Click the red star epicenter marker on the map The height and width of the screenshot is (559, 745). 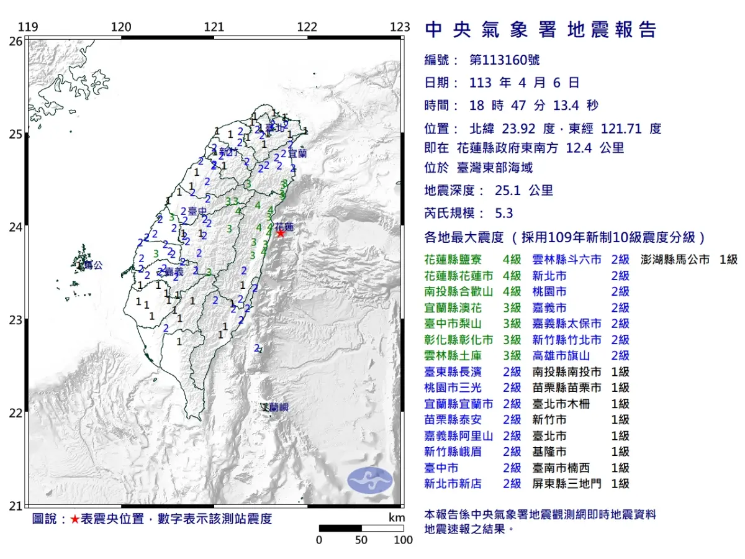pos(281,233)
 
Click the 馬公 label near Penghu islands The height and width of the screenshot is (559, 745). pos(93,265)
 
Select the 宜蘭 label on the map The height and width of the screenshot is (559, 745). pos(297,152)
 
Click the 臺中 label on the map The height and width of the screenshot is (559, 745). pos(197,212)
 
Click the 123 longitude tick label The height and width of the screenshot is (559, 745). pos(400,27)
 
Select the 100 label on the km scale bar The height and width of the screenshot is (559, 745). pos(404,540)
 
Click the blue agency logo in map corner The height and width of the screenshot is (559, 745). pos(369,481)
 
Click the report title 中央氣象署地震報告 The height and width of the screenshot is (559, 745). pos(540,30)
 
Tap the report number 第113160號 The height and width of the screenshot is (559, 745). pos(504,60)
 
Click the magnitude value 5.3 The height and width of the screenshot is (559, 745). pos(504,213)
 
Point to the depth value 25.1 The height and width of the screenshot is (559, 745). pos(508,191)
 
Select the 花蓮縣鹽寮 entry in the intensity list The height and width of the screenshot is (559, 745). pos(456,260)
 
